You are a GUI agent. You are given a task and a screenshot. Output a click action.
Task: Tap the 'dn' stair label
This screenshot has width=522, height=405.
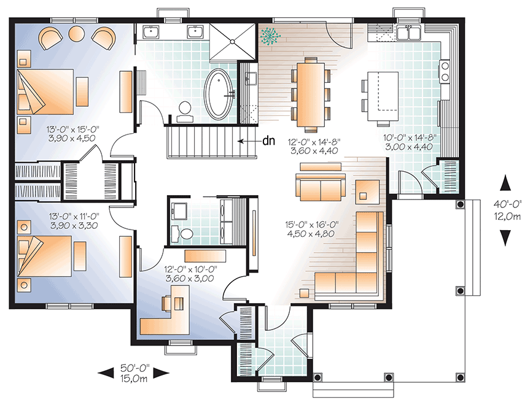[268, 141]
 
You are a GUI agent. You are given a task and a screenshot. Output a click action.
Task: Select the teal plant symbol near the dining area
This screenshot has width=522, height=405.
[268, 36]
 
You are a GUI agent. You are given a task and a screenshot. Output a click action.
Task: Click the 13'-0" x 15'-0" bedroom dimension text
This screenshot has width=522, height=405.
[72, 134]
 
